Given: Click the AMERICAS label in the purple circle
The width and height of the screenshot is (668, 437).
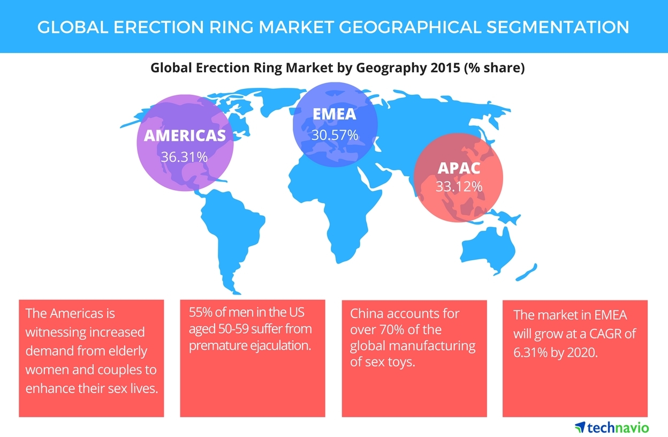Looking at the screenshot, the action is pos(185,135).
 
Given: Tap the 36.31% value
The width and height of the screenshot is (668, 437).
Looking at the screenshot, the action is pos(184,157).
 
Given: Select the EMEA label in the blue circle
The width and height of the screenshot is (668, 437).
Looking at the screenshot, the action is pos(335,114).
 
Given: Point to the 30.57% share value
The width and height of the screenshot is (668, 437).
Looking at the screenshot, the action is pos(335,135).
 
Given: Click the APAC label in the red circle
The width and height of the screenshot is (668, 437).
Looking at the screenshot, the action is pos(459,168).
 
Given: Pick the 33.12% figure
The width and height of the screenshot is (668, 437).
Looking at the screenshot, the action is pos(459,187).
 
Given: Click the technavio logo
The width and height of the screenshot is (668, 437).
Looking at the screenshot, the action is pos(612,427).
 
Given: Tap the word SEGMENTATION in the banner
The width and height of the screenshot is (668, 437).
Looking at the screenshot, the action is pos(558,27).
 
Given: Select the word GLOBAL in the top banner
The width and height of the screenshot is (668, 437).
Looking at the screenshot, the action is pos(73,27).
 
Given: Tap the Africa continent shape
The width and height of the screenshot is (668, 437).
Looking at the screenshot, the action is pos(334,206).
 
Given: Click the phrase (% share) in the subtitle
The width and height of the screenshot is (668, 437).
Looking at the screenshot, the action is pos(495,68).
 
